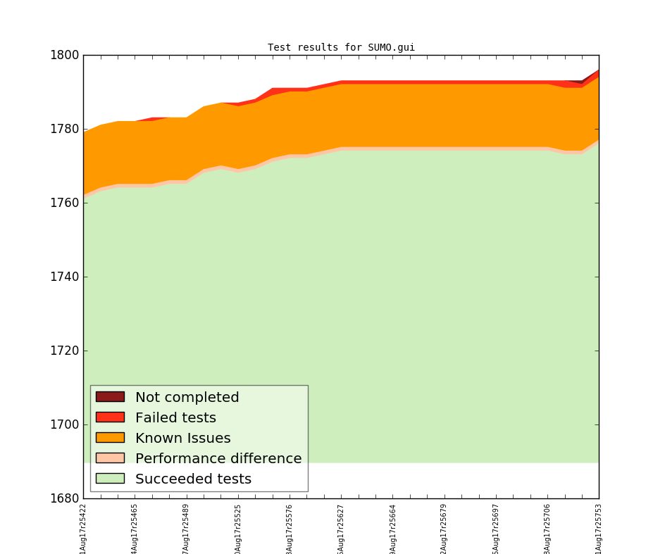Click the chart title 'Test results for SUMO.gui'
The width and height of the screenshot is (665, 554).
click(x=341, y=48)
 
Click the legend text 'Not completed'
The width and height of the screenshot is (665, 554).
click(x=187, y=398)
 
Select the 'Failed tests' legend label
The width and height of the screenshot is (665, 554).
click(x=175, y=418)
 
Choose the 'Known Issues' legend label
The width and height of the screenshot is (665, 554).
click(x=182, y=439)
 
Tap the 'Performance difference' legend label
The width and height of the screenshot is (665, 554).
click(x=218, y=459)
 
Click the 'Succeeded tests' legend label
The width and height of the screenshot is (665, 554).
click(x=193, y=479)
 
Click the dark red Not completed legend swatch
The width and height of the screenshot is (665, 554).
click(x=110, y=397)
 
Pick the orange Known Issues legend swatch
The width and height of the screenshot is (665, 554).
click(x=110, y=438)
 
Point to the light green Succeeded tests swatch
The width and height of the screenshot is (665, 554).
click(x=110, y=479)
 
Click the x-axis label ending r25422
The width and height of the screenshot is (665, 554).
click(x=83, y=528)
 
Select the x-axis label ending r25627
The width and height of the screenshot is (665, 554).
click(x=341, y=528)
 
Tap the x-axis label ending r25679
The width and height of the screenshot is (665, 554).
click(x=444, y=528)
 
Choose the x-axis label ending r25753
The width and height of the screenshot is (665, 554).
click(x=599, y=528)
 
